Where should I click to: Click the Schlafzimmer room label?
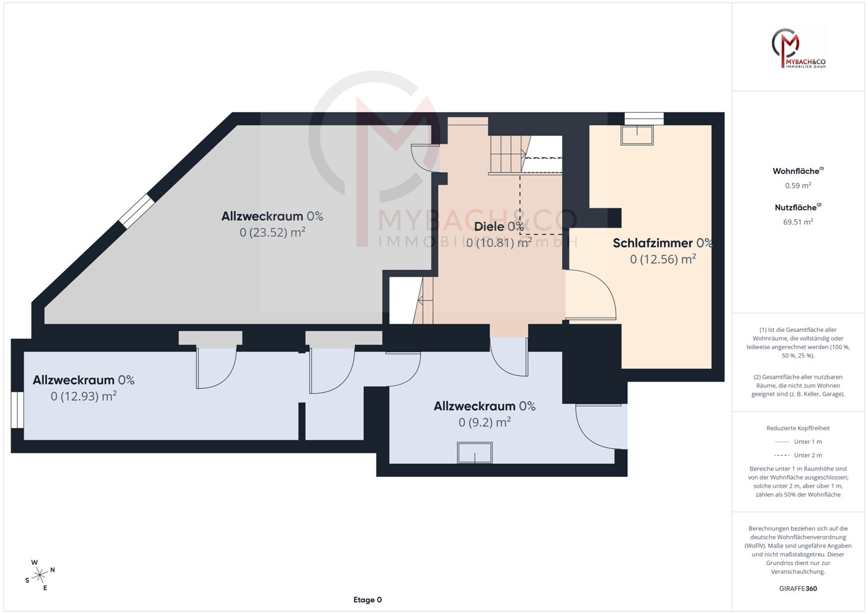click(653, 243)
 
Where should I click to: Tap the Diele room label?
click(489, 226)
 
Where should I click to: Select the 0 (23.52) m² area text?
click(272, 233)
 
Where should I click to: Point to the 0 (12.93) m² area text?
click(84, 396)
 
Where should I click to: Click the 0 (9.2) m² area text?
click(485, 422)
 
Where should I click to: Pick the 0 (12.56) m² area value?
click(663, 259)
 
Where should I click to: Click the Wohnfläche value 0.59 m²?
click(799, 185)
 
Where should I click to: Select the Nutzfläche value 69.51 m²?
click(799, 222)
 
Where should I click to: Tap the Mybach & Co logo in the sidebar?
click(799, 48)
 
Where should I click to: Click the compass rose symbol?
click(40, 576)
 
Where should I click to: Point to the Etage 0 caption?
click(367, 600)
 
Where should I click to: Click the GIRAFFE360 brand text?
click(799, 589)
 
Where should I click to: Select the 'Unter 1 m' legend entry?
click(799, 442)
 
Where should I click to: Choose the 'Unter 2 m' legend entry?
click(799, 455)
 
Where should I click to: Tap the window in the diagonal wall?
click(136, 210)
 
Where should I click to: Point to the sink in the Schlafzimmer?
click(637, 135)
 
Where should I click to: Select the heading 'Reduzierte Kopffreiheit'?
click(799, 428)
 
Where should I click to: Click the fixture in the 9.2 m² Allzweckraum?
click(475, 453)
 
